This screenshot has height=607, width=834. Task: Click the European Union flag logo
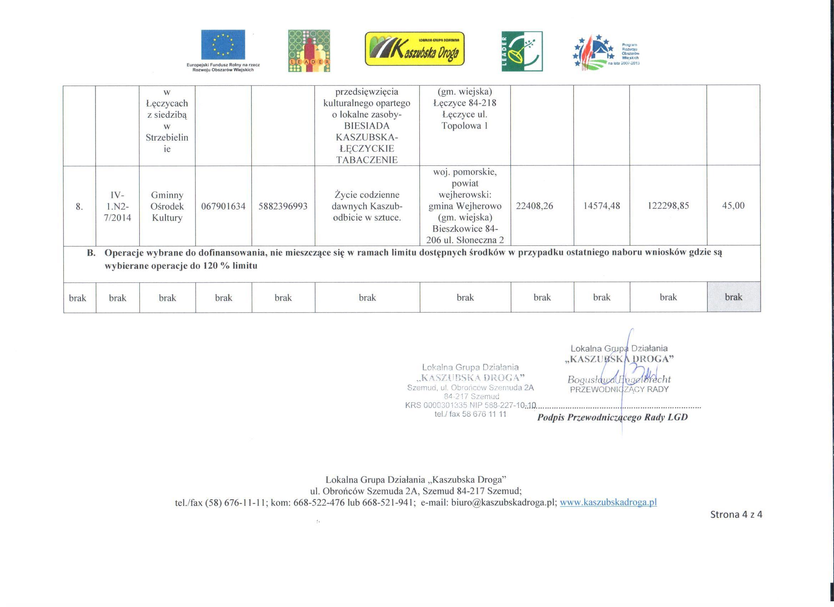pos(223,45)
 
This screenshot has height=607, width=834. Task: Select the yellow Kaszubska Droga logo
pos(414,49)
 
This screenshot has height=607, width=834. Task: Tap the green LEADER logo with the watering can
pos(522,51)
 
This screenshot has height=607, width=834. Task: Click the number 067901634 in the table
pos(223,206)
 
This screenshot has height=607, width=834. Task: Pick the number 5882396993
pos(283,206)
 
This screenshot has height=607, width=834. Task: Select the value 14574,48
pos(602,206)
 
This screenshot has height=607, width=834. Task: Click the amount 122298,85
pos(668,206)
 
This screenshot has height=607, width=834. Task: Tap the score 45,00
pos(733,206)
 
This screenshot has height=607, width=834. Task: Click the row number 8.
pos(79,207)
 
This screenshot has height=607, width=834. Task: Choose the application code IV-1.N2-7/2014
pos(117,206)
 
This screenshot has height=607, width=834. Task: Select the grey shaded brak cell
pos(734,297)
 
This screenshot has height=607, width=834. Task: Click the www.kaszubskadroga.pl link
pos(608,502)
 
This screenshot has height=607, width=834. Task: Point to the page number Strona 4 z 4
pos(736,514)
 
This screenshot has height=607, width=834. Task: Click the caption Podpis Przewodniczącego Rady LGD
pos(612,417)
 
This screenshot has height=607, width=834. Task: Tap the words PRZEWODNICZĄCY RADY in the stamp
pos(619,389)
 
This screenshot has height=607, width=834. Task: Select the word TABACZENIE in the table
pos(367,160)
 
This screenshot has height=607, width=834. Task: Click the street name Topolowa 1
pos(465,126)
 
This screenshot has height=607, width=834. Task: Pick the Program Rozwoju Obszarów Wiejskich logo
pos(607,51)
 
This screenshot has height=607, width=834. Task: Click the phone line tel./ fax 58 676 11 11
pos(470,414)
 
